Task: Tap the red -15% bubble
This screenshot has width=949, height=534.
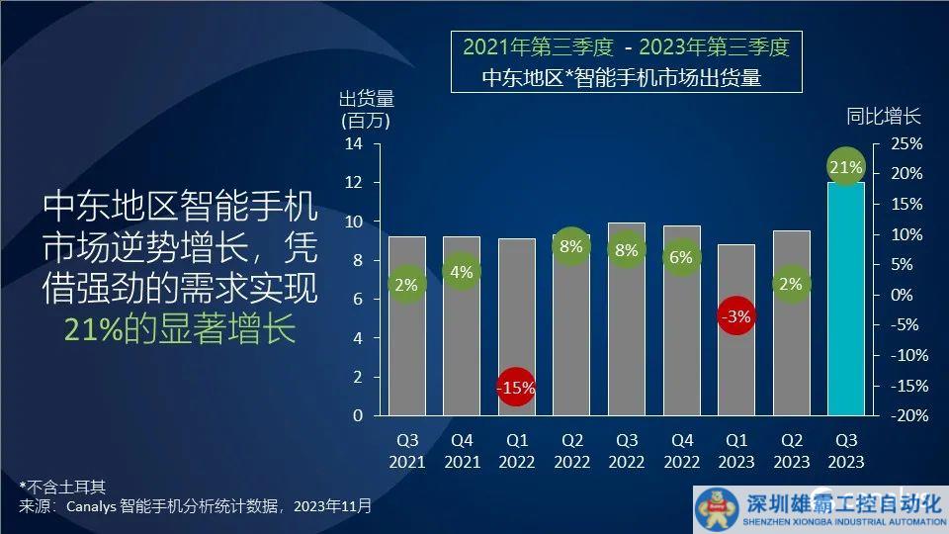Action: (516, 389)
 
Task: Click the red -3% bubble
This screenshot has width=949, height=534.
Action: (735, 317)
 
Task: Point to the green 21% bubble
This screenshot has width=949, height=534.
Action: (845, 168)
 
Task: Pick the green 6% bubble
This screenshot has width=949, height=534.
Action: (680, 257)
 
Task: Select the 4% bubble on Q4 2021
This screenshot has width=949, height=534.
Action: (462, 272)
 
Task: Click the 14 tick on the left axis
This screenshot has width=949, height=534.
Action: (355, 144)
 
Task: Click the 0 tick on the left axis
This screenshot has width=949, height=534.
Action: (358, 416)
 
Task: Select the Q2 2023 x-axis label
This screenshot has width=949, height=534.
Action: (791, 452)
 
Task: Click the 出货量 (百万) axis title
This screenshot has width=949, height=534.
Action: (366, 110)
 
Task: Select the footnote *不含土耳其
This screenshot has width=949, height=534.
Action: (62, 487)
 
